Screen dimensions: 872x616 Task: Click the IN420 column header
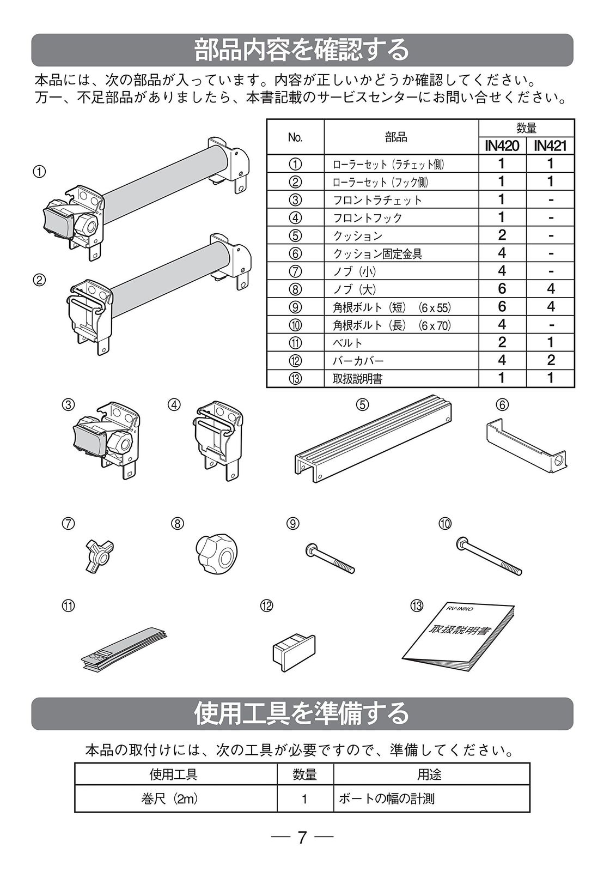tap(502, 146)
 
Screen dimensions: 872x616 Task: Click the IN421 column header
tap(550, 146)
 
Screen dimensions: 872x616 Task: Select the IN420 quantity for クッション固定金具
tap(502, 253)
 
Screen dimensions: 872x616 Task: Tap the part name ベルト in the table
tap(347, 343)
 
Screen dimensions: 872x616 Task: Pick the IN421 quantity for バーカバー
tap(551, 360)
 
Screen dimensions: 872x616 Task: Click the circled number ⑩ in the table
tap(295, 325)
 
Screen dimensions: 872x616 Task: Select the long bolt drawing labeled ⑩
tap(489, 556)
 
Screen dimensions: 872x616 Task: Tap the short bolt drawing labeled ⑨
tap(330, 558)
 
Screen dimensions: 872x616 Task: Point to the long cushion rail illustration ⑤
tap(373, 439)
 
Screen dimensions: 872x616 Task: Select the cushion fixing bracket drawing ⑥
tap(525, 444)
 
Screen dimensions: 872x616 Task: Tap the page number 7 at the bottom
tap(303, 837)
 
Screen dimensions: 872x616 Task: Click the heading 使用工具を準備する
tap(302, 713)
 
